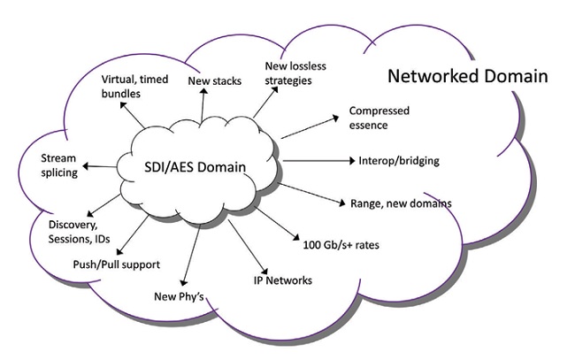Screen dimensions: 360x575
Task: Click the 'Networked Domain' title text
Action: pos(468,76)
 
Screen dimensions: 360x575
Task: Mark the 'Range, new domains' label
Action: pos(401,203)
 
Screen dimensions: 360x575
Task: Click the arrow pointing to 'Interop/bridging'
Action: pos(318,161)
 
